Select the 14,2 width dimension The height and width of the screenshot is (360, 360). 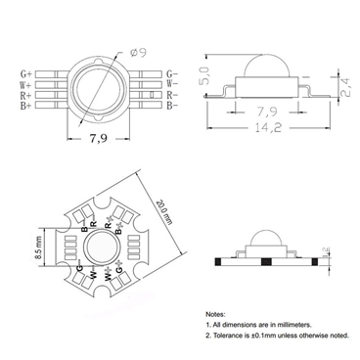pos(262,126)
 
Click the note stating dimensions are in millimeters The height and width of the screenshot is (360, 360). pos(265,320)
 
